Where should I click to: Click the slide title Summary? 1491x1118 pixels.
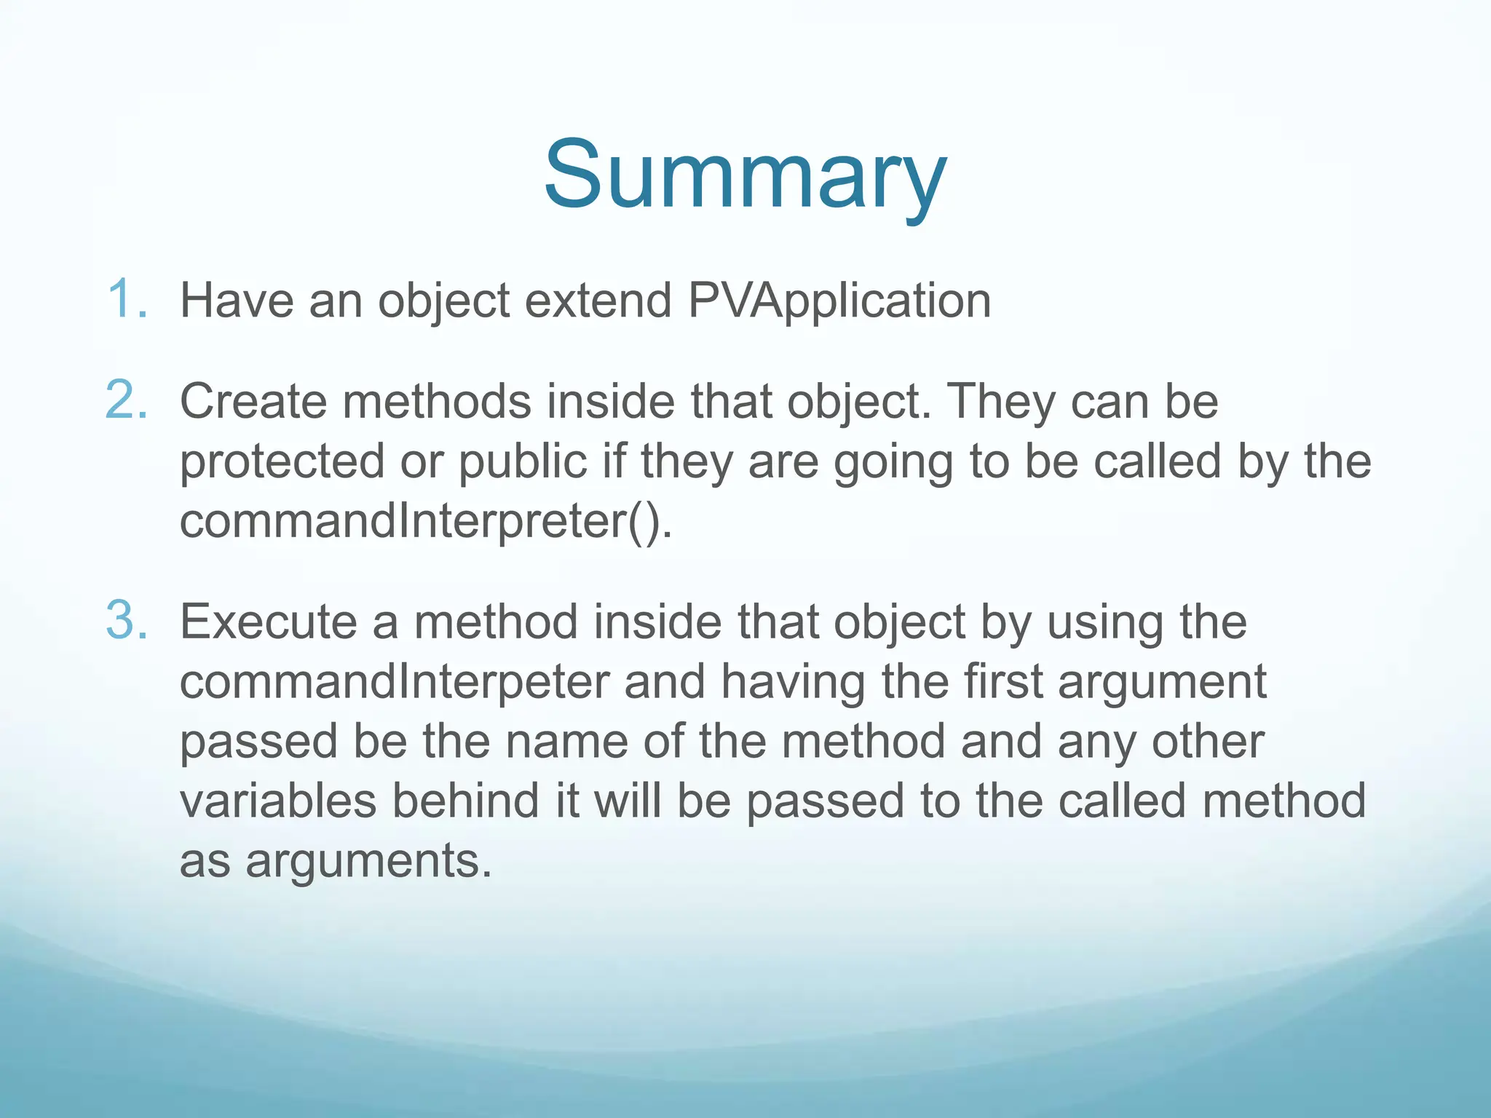click(x=745, y=177)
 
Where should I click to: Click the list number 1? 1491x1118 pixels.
click(x=127, y=299)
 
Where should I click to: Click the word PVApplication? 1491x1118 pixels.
click(x=839, y=301)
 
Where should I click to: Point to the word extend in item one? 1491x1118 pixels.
click(x=598, y=301)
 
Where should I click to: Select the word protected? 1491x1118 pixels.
click(x=282, y=461)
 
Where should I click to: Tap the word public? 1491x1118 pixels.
click(x=522, y=461)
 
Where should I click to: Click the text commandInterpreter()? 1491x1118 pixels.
click(x=426, y=521)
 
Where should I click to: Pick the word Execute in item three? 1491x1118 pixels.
click(x=268, y=622)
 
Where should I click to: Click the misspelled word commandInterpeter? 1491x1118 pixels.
click(x=394, y=682)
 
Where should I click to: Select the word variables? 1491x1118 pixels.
click(x=278, y=801)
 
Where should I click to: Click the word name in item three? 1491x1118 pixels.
click(x=566, y=742)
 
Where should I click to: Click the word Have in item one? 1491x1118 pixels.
click(x=237, y=301)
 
